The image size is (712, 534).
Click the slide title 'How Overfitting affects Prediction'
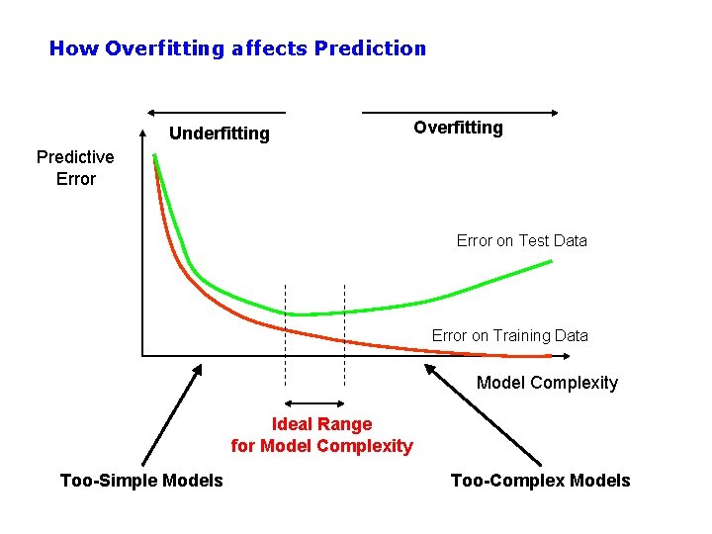(237, 47)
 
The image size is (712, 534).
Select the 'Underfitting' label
(219, 133)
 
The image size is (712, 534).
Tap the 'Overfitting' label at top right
(458, 128)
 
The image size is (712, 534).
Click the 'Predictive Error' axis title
(75, 167)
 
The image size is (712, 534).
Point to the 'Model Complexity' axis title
(547, 383)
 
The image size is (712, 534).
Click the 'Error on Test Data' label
(521, 240)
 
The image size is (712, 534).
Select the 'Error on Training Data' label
(509, 335)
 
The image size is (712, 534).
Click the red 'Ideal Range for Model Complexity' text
(321, 435)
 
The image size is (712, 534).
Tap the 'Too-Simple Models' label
(141, 481)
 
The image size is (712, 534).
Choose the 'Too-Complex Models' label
(540, 481)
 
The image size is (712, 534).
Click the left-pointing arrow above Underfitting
(216, 113)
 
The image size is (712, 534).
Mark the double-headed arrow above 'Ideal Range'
(314, 403)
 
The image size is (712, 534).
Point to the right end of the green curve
(550, 262)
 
